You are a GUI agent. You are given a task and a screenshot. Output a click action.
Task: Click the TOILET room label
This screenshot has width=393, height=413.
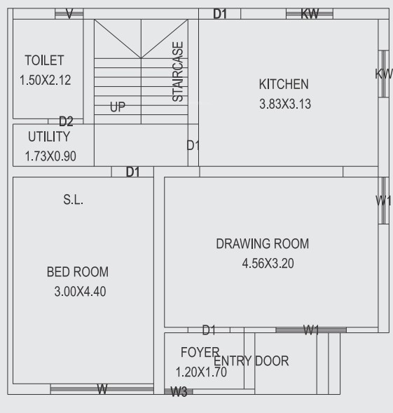click(44, 61)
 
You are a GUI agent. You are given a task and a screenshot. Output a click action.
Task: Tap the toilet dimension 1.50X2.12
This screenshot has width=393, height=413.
click(46, 80)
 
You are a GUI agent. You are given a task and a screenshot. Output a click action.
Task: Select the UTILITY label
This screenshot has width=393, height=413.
click(48, 136)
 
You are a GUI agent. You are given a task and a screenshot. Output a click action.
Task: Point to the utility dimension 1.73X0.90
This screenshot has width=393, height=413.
click(50, 156)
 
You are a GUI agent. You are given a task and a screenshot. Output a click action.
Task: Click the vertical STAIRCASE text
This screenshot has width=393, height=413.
click(179, 72)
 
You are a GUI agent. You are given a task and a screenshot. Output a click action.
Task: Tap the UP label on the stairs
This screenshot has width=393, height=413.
click(118, 108)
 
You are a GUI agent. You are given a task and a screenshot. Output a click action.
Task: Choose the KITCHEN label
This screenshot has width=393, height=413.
click(283, 84)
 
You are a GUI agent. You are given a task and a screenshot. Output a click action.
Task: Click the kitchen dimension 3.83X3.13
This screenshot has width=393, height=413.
click(284, 104)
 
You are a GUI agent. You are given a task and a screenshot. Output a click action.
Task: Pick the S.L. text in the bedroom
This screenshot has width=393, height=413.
click(73, 200)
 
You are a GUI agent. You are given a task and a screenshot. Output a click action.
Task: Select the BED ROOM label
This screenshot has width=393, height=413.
click(77, 272)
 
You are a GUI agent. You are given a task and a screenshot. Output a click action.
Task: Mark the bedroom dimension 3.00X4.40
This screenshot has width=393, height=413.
click(80, 292)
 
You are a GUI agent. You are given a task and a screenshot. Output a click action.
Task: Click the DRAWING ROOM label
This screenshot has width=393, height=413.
click(262, 244)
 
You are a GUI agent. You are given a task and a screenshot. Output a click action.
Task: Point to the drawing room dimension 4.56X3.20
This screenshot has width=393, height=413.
click(264, 264)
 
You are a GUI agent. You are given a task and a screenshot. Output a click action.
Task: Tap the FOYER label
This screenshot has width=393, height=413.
click(200, 351)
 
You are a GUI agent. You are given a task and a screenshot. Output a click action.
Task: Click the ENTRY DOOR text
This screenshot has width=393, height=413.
click(251, 361)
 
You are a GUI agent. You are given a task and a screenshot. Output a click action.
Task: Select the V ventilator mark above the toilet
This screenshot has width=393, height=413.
click(69, 14)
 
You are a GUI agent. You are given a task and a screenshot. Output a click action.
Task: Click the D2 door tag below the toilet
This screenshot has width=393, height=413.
click(66, 121)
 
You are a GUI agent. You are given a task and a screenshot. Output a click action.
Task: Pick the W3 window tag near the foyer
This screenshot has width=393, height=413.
click(179, 392)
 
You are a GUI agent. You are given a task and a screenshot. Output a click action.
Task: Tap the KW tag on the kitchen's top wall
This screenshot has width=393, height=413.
click(310, 14)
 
